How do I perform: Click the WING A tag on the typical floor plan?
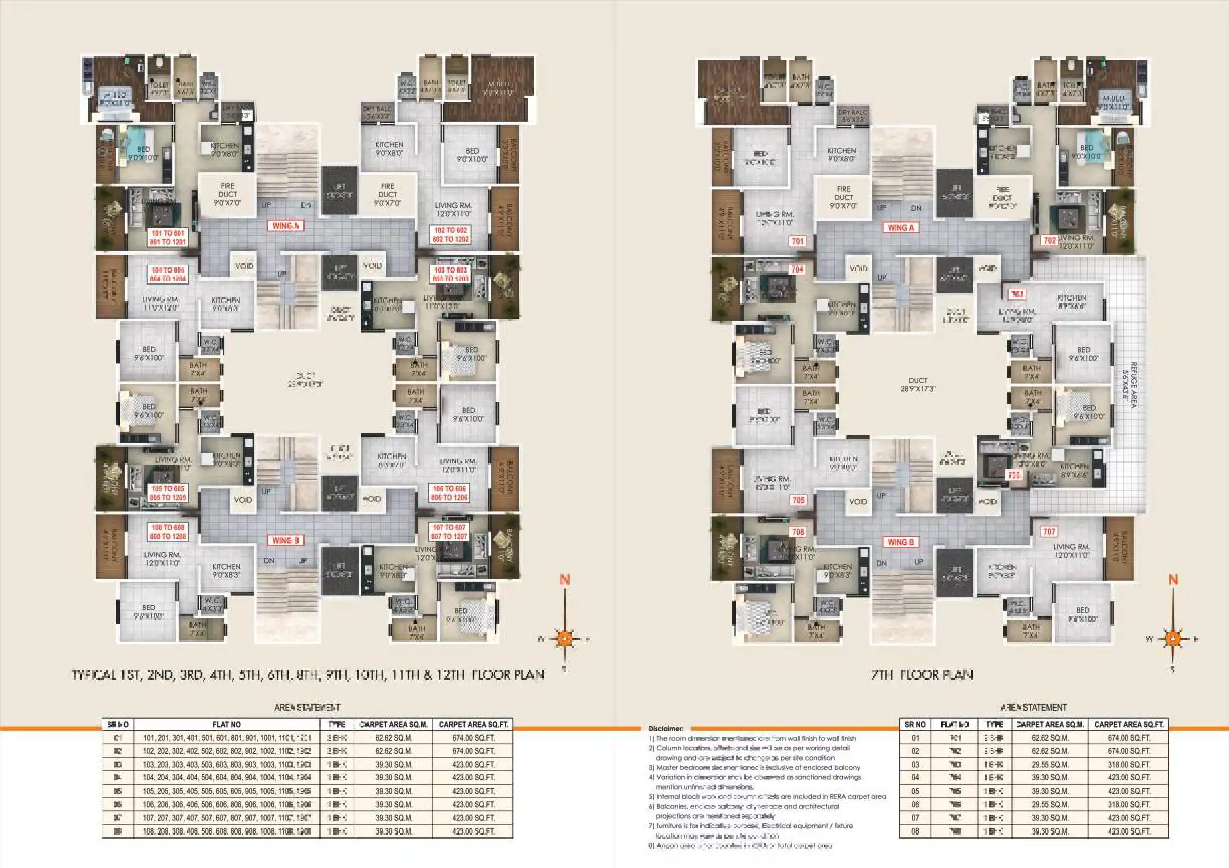click(286, 226)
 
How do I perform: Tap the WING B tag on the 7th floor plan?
click(900, 542)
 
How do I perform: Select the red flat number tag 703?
click(1017, 295)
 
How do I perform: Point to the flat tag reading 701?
click(797, 242)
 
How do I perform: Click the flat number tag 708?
click(797, 532)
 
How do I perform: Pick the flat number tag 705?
click(798, 500)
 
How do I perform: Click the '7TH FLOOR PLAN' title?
click(922, 675)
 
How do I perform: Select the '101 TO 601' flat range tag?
click(168, 234)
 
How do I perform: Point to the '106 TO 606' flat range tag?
click(449, 489)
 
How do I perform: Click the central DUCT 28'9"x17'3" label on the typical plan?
click(305, 380)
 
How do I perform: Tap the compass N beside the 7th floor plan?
click(1173, 580)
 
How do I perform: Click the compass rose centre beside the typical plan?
click(564, 639)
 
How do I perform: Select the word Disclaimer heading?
click(665, 729)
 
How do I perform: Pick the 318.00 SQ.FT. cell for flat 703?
click(1129, 765)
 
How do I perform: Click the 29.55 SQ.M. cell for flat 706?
click(1049, 805)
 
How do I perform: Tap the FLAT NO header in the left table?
click(226, 725)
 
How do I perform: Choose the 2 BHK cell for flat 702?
click(994, 751)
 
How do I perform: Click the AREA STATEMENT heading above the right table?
click(1034, 707)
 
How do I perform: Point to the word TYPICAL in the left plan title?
click(94, 675)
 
